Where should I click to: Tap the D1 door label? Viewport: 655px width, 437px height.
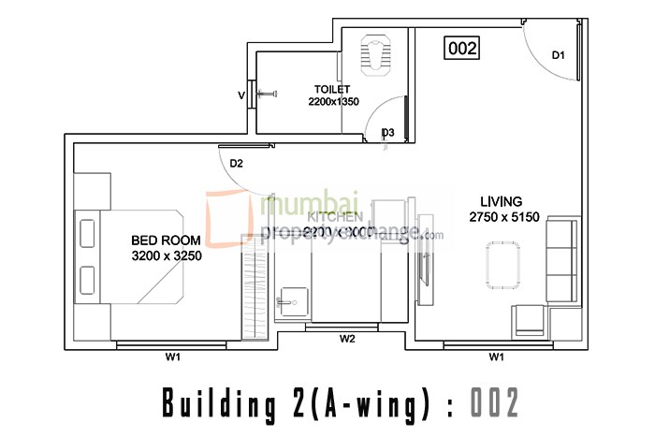[x=558, y=56]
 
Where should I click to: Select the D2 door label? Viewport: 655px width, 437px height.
[x=237, y=164]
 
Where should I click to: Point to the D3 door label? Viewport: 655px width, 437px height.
[x=387, y=133]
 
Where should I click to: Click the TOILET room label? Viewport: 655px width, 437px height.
[x=332, y=90]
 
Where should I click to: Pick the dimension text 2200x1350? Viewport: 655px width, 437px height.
[x=333, y=102]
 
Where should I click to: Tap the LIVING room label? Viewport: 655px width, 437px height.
[x=501, y=201]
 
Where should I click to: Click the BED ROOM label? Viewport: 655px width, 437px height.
[x=166, y=240]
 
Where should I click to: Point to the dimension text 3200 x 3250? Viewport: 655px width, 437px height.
[x=167, y=255]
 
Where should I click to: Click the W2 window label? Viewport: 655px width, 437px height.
[x=347, y=339]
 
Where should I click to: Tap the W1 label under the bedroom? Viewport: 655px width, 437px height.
[x=173, y=357]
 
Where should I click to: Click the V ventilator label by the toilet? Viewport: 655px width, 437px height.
[x=241, y=95]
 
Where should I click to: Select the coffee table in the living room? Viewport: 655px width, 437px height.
[x=503, y=265]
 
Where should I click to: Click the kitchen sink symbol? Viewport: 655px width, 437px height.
[x=289, y=301]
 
